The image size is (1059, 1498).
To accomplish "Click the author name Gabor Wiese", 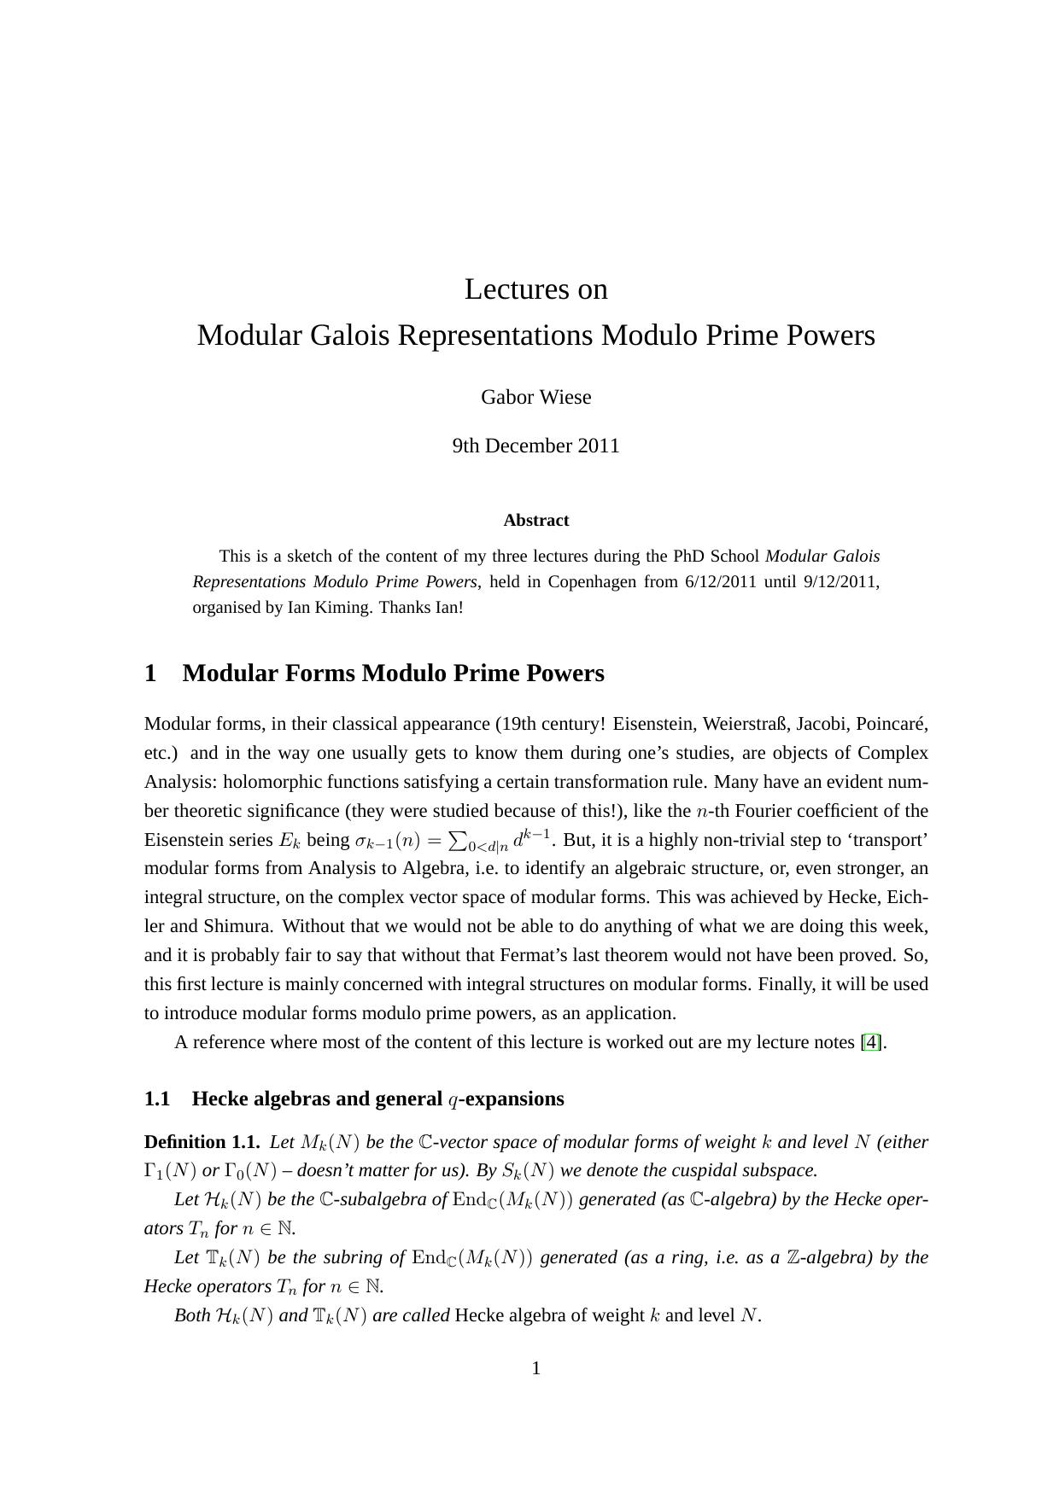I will coord(535,397).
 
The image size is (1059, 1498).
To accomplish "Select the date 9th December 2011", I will coord(535,446).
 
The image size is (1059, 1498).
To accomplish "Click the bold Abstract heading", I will coord(535,521).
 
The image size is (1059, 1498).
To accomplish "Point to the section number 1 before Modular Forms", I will coord(151,673).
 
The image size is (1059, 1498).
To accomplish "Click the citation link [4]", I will coord(871,1042).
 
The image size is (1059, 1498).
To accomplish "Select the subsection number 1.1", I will coord(157,1099).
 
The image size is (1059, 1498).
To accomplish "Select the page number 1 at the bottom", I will coord(536,1369).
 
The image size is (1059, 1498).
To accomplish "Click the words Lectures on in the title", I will coord(535,289).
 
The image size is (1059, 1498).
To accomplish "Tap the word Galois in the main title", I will coord(350,335).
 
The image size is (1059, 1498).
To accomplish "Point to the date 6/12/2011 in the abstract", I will coord(721,582).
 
